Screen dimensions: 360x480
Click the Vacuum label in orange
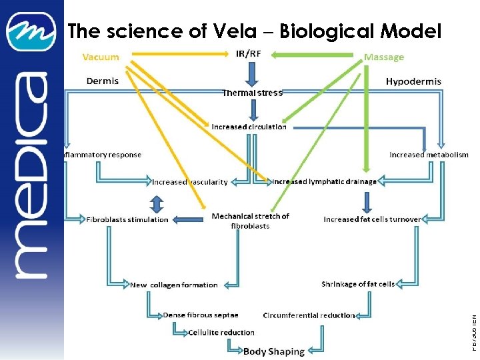point(101,57)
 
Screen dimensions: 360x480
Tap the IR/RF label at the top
point(249,53)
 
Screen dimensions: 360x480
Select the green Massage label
point(384,57)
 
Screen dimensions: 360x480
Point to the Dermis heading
point(103,81)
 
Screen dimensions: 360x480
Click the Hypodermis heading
point(413,81)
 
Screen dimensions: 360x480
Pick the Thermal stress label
point(252,93)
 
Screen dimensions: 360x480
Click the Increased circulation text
point(249,127)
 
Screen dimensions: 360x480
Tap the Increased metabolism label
point(429,155)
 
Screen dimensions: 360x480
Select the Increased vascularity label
point(190,181)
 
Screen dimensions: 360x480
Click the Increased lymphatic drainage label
point(325,181)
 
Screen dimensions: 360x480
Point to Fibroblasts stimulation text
point(127,219)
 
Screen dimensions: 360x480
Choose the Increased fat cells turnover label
point(372,219)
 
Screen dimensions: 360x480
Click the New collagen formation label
point(174,285)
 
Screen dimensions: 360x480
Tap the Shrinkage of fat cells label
point(358,284)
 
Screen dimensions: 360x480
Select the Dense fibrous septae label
point(201,315)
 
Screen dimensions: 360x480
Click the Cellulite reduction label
point(221,332)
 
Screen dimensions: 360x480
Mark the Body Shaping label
point(273,351)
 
